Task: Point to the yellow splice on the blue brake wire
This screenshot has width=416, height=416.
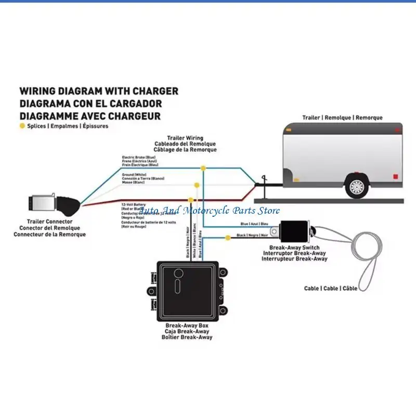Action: pyautogui.click(x=203, y=168)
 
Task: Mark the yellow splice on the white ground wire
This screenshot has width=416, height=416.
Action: pyautogui.click(x=196, y=185)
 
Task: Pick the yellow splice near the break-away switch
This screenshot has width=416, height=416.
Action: pyautogui.click(x=228, y=238)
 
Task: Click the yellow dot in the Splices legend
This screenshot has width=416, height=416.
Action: pyautogui.click(x=22, y=126)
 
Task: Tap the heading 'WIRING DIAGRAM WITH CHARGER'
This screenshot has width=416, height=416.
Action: pyautogui.click(x=99, y=91)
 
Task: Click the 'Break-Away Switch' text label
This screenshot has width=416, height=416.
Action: pyautogui.click(x=294, y=248)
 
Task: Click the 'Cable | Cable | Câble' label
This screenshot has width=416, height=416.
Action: pyautogui.click(x=331, y=288)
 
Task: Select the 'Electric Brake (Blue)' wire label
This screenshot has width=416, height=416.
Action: pyautogui.click(x=139, y=157)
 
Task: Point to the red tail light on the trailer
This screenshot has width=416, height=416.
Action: pyautogui.click(x=396, y=176)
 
